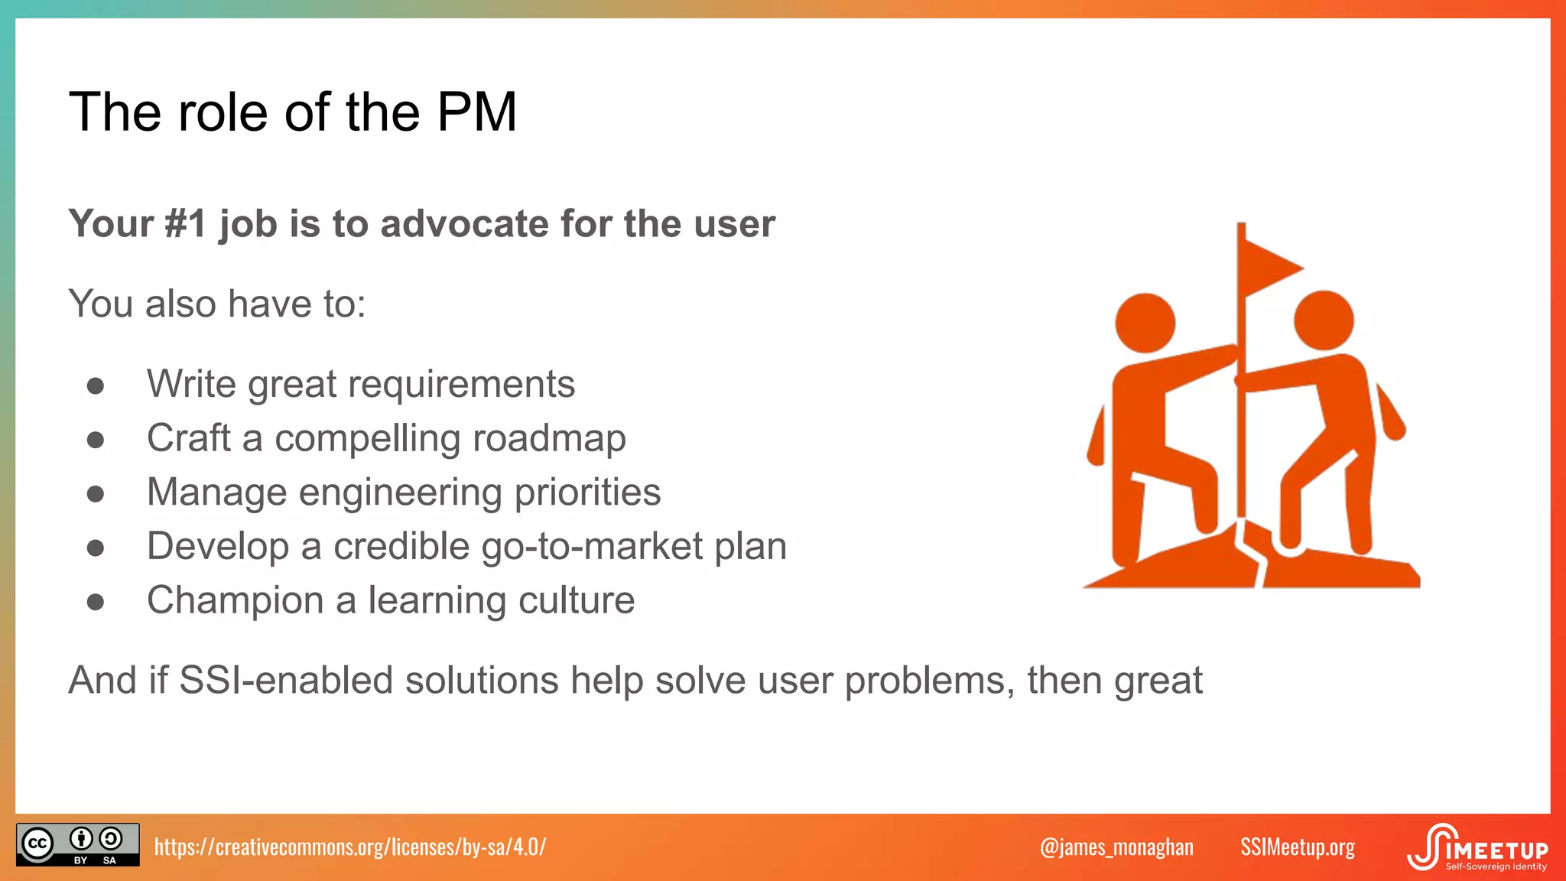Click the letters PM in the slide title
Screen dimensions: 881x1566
tap(476, 112)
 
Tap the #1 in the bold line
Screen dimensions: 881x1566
tap(186, 224)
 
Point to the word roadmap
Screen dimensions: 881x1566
tap(549, 438)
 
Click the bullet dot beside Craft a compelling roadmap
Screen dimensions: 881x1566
tap(96, 440)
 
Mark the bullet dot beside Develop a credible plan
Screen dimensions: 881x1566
tap(96, 548)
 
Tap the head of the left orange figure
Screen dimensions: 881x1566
tap(1145, 323)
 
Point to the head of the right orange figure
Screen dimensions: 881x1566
tap(1324, 320)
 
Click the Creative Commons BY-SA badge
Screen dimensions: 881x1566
tap(77, 844)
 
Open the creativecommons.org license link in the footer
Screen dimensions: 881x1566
tap(350, 847)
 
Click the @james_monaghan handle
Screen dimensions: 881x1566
tap(1116, 847)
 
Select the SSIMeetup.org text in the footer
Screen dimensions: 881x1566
tap(1298, 847)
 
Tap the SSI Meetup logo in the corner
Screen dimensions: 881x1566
tap(1477, 847)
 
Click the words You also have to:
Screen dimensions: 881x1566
tap(217, 304)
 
